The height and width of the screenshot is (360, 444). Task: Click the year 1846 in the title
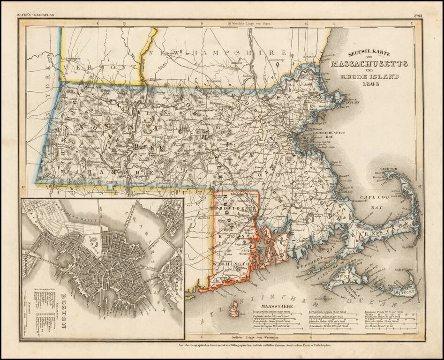pos(371,85)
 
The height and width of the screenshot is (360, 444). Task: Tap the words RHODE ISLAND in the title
pos(371,76)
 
